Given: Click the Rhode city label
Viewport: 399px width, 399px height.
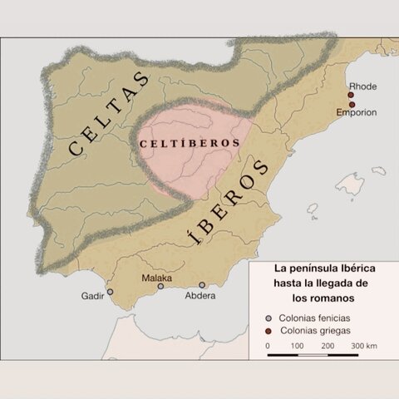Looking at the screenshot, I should (362, 86).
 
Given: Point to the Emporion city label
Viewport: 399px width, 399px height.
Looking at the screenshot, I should (357, 113).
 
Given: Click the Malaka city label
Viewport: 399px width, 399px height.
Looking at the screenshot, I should (156, 278).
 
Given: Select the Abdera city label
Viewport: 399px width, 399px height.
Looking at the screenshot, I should (199, 296).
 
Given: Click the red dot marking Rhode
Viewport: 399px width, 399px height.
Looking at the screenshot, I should (352, 95).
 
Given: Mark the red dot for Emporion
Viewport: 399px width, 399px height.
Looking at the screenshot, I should (352, 105).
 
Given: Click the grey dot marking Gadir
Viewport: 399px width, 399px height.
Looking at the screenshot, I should (111, 292).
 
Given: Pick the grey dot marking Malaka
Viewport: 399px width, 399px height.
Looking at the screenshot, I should (160, 286).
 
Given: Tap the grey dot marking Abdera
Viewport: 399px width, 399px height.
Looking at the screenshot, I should (202, 285).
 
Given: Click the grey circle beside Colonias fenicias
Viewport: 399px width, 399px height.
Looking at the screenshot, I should (268, 318).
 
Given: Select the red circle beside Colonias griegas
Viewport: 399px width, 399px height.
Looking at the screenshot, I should (268, 331).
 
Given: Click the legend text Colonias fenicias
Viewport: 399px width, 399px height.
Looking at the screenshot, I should (314, 318).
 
